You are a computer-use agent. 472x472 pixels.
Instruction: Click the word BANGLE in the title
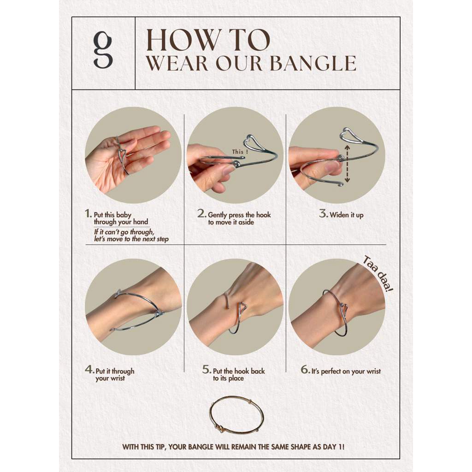tap(313, 63)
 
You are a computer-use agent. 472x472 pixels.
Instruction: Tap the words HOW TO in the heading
tap(208, 40)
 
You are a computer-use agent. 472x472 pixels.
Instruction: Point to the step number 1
tap(88, 214)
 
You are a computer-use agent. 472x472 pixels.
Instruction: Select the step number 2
tap(202, 214)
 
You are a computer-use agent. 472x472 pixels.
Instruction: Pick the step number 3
tap(324, 214)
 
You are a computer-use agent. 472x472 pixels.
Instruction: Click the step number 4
tap(90, 369)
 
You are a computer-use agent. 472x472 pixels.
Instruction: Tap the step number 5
tap(207, 369)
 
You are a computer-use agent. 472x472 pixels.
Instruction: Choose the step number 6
tap(305, 369)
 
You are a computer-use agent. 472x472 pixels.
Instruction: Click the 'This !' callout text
tap(240, 152)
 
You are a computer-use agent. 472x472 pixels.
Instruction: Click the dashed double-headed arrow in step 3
tap(347, 164)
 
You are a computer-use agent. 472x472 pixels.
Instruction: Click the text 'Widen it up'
tap(347, 215)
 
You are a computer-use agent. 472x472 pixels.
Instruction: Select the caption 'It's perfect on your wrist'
tap(346, 372)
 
